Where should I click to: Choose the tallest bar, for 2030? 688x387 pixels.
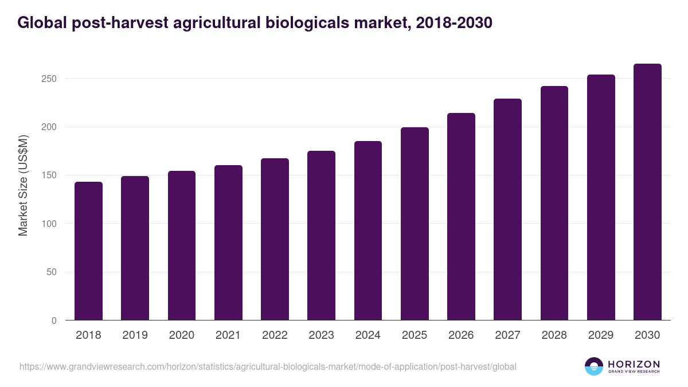[x=647, y=192]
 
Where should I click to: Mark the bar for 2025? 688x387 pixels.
[x=415, y=224]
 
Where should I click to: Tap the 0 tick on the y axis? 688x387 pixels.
[x=54, y=320]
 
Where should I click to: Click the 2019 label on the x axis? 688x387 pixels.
[x=135, y=335]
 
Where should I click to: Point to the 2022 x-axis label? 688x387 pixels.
[x=275, y=335]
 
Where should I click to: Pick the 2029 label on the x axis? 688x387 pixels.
[x=601, y=335]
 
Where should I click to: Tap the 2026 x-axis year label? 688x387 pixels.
[x=461, y=335]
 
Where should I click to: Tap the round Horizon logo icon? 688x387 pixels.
[x=594, y=366]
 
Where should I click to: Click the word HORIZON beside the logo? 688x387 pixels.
[x=634, y=363]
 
